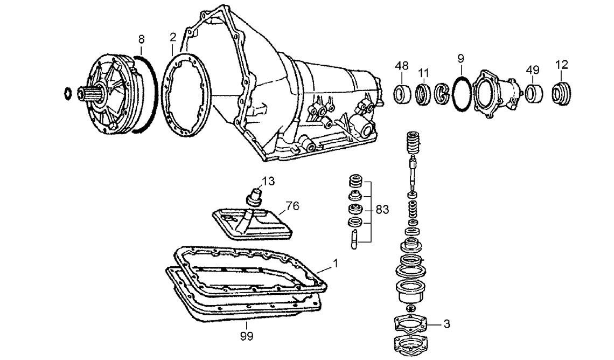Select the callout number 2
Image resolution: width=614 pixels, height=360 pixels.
172,37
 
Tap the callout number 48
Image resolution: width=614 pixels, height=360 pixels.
401,66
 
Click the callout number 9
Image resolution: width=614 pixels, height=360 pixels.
460,58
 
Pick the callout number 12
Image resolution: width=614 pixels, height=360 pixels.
561,65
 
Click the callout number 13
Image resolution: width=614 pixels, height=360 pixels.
268,181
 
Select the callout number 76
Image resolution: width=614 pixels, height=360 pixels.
292,205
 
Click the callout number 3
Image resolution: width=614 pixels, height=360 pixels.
446,324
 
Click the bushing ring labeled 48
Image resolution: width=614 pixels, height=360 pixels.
402,94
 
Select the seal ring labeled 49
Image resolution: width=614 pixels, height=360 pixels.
534,93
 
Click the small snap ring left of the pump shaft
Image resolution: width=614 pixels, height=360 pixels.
68,92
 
